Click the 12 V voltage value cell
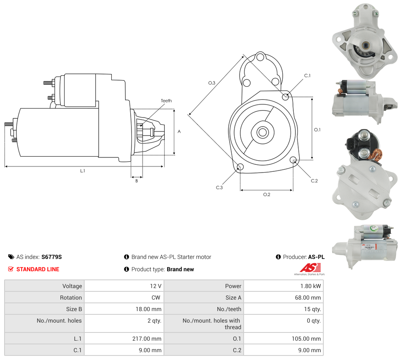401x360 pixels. pos(156,286)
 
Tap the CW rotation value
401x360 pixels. pos(157,298)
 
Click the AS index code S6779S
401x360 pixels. pos(51,257)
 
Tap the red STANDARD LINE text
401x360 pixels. pos(38,269)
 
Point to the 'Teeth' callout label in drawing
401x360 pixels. pos(166,101)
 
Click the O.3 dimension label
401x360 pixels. pos(212,83)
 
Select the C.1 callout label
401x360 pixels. pos(307,76)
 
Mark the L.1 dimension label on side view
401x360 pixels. pos(83,171)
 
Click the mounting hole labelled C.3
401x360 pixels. pos(241,167)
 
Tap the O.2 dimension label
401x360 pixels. pos(267,194)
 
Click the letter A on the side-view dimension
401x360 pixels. pos(179,132)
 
